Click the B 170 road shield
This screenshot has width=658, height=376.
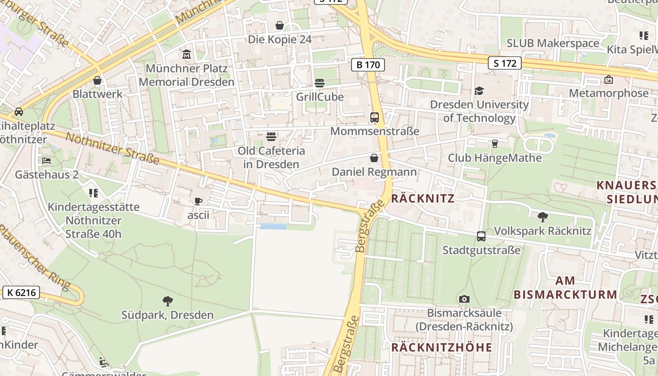coord(368,65)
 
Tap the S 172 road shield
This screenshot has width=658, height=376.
coord(505,63)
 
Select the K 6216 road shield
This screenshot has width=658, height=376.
coord(22,293)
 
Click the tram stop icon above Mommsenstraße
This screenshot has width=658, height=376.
coord(375,117)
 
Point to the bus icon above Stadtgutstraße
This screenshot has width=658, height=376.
coord(481,236)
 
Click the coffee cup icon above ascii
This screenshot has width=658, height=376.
coord(198,202)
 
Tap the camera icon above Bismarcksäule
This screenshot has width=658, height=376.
coord(464,299)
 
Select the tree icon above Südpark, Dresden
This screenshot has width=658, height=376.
coord(167,301)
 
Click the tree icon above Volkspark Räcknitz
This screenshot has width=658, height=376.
coord(542,217)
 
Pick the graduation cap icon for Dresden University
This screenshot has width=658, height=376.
coord(479,91)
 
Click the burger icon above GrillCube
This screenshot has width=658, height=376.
coord(320,83)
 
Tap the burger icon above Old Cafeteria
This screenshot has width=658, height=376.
coord(271,137)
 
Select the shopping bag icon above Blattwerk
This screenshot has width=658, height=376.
coord(97,80)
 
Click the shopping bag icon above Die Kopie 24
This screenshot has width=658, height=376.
coord(280,25)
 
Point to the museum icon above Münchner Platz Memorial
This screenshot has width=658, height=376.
coord(187,55)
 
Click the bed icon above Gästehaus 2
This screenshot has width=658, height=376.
coord(47,161)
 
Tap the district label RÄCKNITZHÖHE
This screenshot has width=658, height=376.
coord(441,347)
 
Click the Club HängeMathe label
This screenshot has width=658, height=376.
coord(494,157)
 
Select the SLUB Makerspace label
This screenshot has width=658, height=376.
coord(553,43)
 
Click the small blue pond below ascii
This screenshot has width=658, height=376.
coord(273,227)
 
